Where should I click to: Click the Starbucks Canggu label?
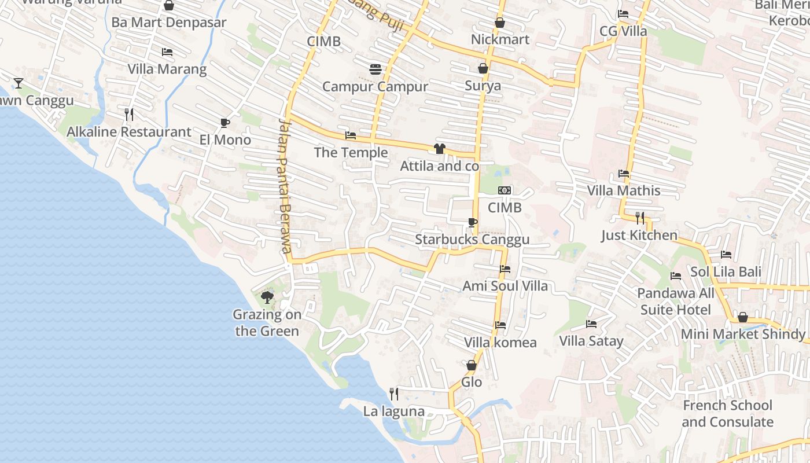pyautogui.click(x=472, y=240)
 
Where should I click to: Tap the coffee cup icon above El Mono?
pyautogui.click(x=225, y=123)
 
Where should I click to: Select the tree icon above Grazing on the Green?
pyautogui.click(x=267, y=297)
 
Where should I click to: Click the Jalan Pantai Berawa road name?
pyautogui.click(x=283, y=185)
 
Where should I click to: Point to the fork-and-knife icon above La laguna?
pyautogui.click(x=394, y=394)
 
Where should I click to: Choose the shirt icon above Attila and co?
pyautogui.click(x=439, y=149)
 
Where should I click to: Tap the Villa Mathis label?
pyautogui.click(x=624, y=190)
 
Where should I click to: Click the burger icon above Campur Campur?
pyautogui.click(x=375, y=69)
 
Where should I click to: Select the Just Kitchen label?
pyautogui.click(x=639, y=235)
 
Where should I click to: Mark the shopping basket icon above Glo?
pyautogui.click(x=472, y=365)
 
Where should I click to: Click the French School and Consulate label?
pyautogui.click(x=727, y=413)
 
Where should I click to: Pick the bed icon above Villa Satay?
pyautogui.click(x=591, y=324)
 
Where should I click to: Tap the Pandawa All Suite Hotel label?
pyautogui.click(x=676, y=302)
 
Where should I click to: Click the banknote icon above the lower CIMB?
pyautogui.click(x=505, y=190)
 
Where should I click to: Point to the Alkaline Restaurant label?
pyautogui.click(x=129, y=132)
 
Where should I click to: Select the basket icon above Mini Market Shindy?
pyautogui.click(x=743, y=317)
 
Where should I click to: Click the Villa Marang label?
pyautogui.click(x=167, y=69)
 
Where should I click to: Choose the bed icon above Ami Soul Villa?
pyautogui.click(x=505, y=269)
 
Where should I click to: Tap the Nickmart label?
pyautogui.click(x=500, y=39)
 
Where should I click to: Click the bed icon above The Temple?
pyautogui.click(x=351, y=135)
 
